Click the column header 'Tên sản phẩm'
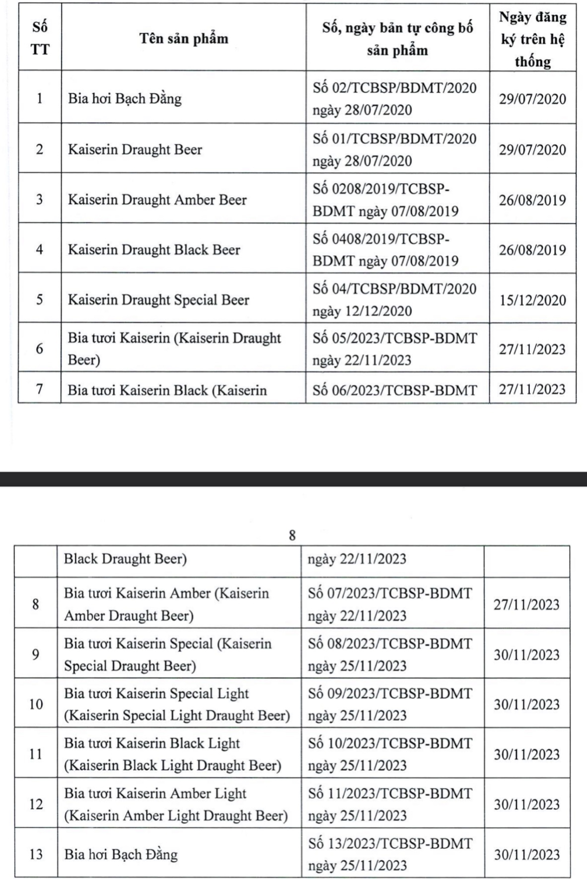click(183, 39)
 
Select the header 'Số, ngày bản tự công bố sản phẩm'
click(397, 39)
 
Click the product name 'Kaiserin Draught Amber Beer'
click(157, 200)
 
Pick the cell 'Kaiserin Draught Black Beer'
click(154, 249)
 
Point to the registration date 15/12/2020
click(532, 300)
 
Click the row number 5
click(40, 299)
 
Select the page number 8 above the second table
click(292, 535)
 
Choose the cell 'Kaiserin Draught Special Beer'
click(158, 300)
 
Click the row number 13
click(36, 854)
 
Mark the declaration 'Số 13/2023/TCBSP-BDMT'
click(390, 843)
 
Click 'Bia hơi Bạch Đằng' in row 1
click(125, 98)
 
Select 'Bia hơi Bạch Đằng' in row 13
click(121, 854)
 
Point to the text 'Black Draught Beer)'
click(125, 559)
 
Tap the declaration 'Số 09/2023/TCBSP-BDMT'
click(390, 693)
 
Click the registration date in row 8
click(526, 604)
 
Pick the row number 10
click(36, 704)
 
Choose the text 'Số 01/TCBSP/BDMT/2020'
click(394, 139)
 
